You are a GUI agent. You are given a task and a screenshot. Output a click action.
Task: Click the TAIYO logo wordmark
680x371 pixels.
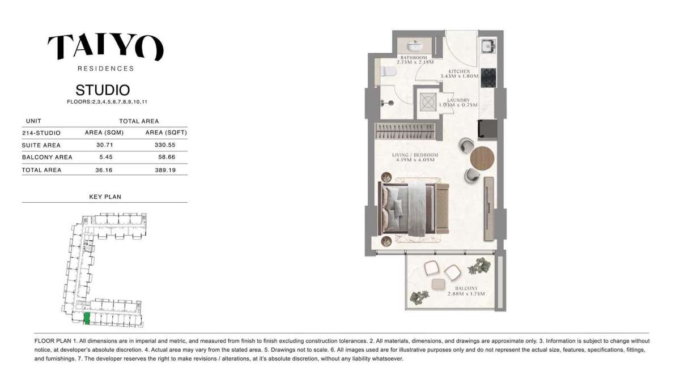pyautogui.click(x=105, y=48)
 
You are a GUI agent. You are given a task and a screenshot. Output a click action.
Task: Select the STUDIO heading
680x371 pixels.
pyautogui.click(x=103, y=90)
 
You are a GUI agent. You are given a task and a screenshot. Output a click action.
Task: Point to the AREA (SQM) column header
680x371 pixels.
pyautogui.click(x=100, y=133)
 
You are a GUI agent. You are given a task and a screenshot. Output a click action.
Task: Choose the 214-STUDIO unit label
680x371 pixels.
pyautogui.click(x=41, y=133)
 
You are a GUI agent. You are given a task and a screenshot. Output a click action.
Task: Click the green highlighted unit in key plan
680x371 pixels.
pyautogui.click(x=87, y=318)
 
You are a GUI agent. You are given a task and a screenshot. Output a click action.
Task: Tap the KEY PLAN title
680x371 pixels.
pyautogui.click(x=105, y=197)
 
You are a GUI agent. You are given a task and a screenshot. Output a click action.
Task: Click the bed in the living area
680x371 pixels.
pyautogui.click(x=408, y=208)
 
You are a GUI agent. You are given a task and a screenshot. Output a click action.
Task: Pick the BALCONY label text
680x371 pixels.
pyautogui.click(x=463, y=288)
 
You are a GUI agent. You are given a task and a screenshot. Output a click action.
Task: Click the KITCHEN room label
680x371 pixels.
pyautogui.click(x=460, y=71)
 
